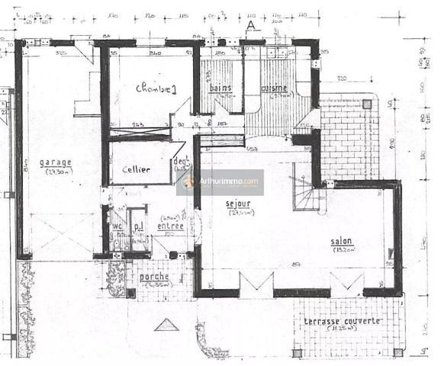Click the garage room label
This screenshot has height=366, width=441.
[x=56, y=162]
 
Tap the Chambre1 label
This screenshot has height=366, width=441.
[x=156, y=89]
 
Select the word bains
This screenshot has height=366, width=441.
[x=221, y=89]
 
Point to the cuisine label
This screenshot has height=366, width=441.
[x=273, y=88]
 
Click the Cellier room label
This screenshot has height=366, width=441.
[x=137, y=169]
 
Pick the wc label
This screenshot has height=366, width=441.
[x=117, y=226]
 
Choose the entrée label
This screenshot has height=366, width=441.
[x=170, y=226]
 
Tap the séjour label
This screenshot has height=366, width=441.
[x=239, y=204]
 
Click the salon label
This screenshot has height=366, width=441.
[x=341, y=242]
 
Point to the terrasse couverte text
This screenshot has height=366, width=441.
[x=343, y=321]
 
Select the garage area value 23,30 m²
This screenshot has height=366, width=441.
[x=56, y=172]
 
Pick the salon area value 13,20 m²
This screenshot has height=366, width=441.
[x=341, y=251]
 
